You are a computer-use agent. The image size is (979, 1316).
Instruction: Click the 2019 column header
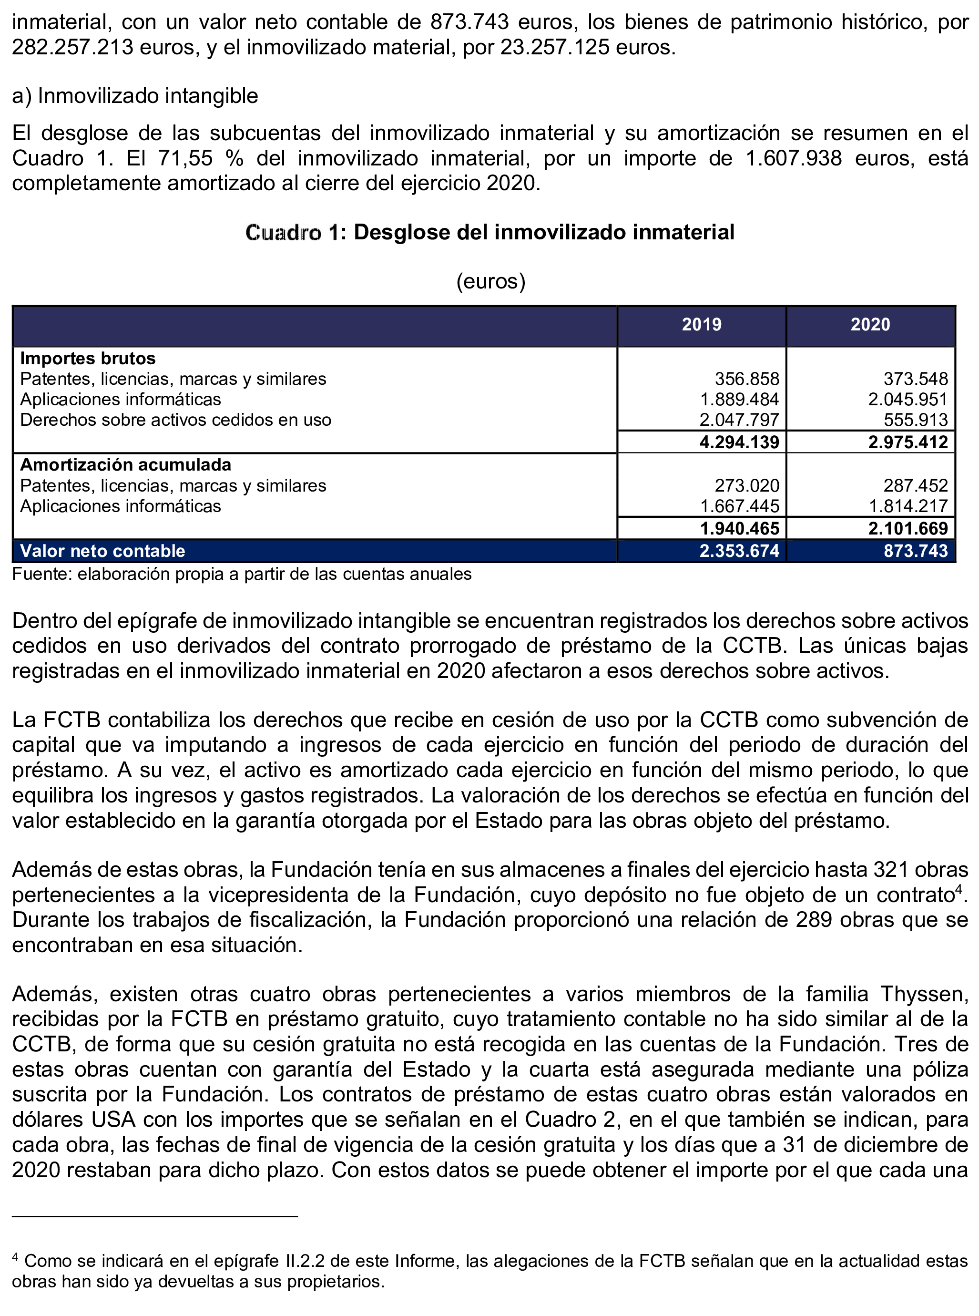pyautogui.click(x=701, y=324)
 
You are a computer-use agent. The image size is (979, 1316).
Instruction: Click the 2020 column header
pyautogui.click(x=870, y=324)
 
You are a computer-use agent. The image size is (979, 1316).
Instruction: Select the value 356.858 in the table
pyautogui.click(x=747, y=379)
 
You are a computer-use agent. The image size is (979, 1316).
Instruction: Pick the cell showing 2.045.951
pyautogui.click(x=908, y=400)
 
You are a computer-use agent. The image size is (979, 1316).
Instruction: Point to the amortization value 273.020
pyautogui.click(x=747, y=485)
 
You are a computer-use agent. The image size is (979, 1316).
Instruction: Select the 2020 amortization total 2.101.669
pyautogui.click(x=908, y=528)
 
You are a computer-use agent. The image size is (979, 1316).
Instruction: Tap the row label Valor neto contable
pyautogui.click(x=102, y=551)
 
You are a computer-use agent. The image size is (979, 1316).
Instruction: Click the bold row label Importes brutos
pyautogui.click(x=88, y=358)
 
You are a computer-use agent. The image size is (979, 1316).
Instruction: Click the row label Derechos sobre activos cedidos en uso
pyautogui.click(x=175, y=420)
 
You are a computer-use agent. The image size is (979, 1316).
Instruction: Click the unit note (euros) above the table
pyautogui.click(x=490, y=280)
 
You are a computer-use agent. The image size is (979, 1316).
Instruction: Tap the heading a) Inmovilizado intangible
pyautogui.click(x=135, y=95)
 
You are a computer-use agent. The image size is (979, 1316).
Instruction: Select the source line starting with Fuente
pyautogui.click(x=242, y=574)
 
